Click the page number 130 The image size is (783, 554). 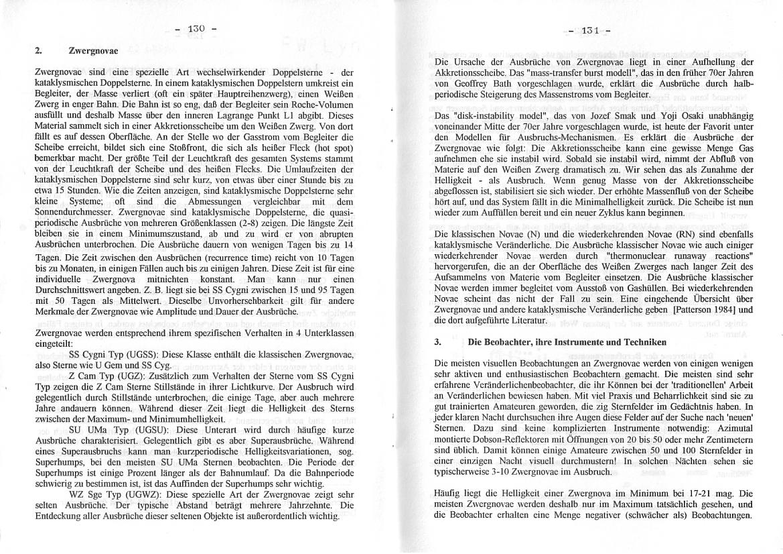(x=195, y=29)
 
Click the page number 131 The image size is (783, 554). (x=589, y=30)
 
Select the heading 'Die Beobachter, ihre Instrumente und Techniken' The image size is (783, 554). (x=567, y=341)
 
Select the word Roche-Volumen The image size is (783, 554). (x=321, y=93)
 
